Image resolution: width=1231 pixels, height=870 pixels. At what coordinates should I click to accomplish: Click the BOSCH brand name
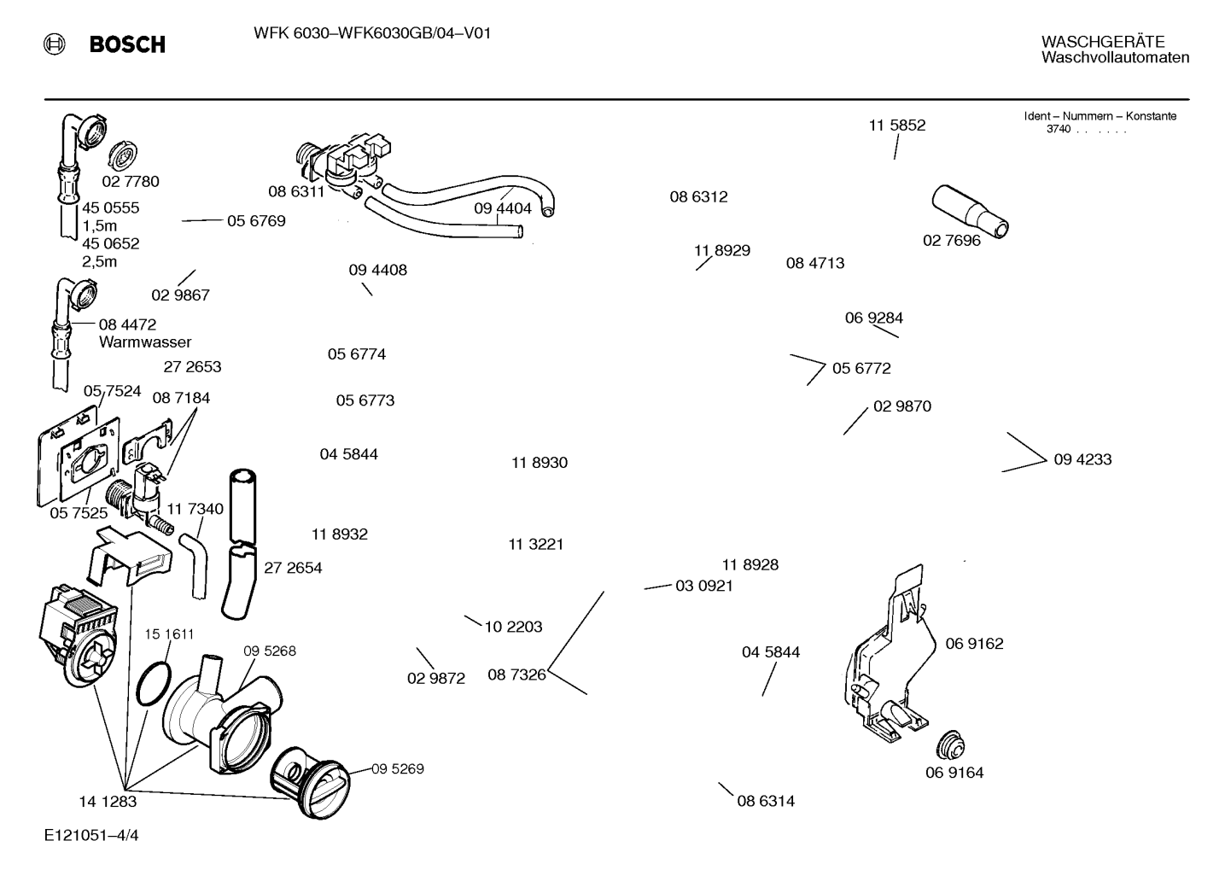pyautogui.click(x=127, y=44)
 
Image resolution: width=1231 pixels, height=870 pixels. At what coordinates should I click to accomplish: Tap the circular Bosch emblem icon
pyautogui.click(x=54, y=44)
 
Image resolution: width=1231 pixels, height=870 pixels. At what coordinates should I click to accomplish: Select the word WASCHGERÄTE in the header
pyautogui.click(x=1102, y=42)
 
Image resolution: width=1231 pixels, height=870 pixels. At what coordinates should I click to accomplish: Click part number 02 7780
pyautogui.click(x=131, y=181)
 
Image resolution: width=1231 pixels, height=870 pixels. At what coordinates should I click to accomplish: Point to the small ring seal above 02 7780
pyautogui.click(x=122, y=155)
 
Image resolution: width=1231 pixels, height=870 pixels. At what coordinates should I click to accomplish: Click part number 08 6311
pyautogui.click(x=296, y=191)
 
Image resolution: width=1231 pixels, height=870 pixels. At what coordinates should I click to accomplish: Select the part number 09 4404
pyautogui.click(x=503, y=208)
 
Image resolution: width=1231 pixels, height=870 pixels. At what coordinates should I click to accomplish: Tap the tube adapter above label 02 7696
pyautogui.click(x=970, y=212)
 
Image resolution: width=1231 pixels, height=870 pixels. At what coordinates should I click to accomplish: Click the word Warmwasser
pyautogui.click(x=145, y=342)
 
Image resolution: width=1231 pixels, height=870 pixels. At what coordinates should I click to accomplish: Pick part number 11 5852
pyautogui.click(x=897, y=126)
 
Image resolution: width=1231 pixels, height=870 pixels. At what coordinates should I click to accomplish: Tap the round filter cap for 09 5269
pyautogui.click(x=309, y=783)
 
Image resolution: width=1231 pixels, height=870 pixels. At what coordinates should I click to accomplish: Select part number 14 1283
pyautogui.click(x=108, y=802)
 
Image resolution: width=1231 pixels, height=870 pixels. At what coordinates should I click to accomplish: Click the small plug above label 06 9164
pyautogui.click(x=950, y=746)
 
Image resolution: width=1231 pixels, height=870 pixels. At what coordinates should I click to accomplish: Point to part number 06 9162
pyautogui.click(x=974, y=643)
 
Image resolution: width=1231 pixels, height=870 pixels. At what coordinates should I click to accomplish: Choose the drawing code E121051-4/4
pyautogui.click(x=91, y=835)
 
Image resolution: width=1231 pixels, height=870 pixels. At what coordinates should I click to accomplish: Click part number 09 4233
pyautogui.click(x=1082, y=459)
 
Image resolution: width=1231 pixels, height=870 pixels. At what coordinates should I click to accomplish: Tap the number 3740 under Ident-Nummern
pyautogui.click(x=1059, y=129)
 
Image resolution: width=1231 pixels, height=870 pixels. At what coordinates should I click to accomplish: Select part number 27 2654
pyautogui.click(x=293, y=568)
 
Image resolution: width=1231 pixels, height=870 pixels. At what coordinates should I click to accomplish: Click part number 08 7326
pyautogui.click(x=516, y=674)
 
